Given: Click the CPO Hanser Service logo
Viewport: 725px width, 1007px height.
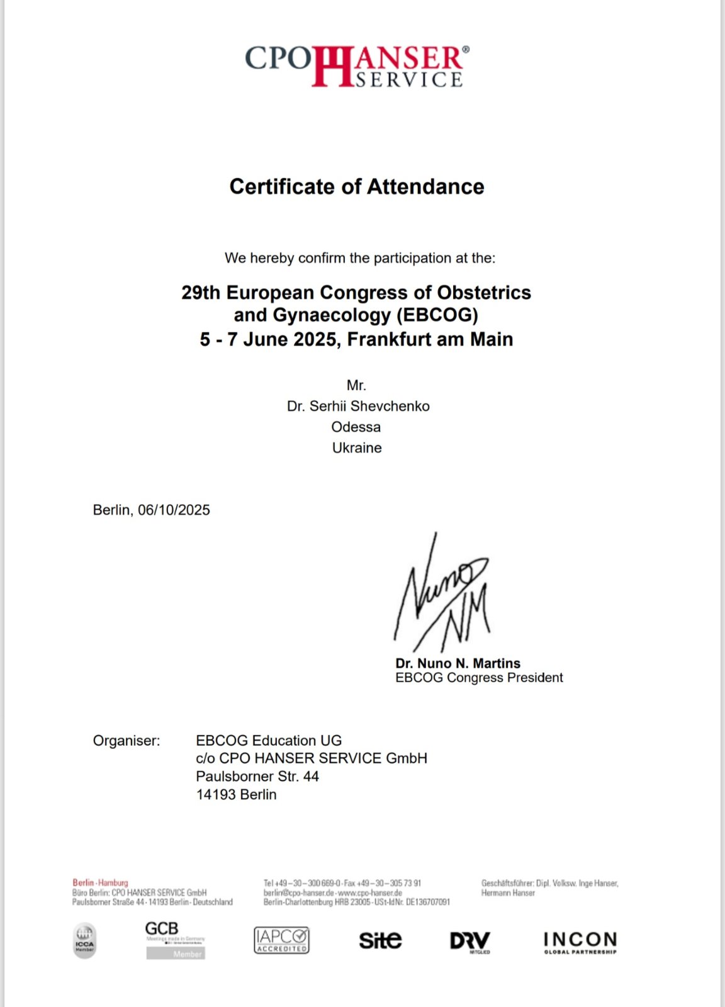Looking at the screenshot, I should (357, 65).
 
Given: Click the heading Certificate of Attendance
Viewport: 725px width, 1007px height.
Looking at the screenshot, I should (357, 187).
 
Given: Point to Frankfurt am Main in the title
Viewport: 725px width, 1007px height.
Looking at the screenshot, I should (430, 339).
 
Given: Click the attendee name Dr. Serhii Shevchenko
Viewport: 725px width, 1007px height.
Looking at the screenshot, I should (358, 406).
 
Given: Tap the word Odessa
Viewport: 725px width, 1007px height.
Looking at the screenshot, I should (356, 427).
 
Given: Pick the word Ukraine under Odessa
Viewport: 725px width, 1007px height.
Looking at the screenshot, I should (357, 447).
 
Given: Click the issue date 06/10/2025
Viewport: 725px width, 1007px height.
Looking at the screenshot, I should (174, 510).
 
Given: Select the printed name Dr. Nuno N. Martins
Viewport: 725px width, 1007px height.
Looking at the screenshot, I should (458, 663).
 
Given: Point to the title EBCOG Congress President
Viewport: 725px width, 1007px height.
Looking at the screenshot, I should (479, 678).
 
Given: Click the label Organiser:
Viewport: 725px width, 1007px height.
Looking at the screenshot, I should (126, 741).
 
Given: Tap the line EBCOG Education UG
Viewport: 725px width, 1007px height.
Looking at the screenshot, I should (269, 741).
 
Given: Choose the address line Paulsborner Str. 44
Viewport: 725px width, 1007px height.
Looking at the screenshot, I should (257, 776).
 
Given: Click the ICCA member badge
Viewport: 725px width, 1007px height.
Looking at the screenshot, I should (85, 940).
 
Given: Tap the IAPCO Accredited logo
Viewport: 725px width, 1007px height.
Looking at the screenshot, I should (281, 940).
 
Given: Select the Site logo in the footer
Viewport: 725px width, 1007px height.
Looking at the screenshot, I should (380, 940).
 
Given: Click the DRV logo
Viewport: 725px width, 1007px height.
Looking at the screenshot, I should (470, 942).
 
